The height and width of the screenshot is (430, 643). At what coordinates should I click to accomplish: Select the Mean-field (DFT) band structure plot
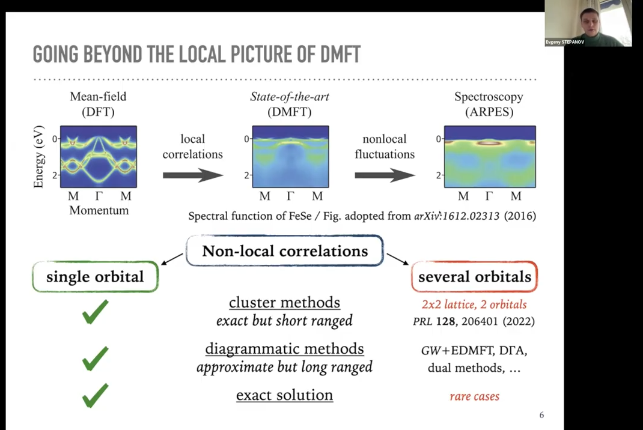[x=99, y=157]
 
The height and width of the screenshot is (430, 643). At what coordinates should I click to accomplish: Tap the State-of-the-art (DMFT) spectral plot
[x=290, y=157]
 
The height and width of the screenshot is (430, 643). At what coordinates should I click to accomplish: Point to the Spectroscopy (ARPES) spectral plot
[x=490, y=157]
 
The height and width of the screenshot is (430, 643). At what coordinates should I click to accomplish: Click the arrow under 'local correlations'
[x=193, y=175]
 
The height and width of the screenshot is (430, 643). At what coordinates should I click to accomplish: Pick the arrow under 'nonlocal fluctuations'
[x=385, y=175]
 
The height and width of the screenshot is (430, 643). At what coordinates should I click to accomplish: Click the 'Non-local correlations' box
[x=285, y=250]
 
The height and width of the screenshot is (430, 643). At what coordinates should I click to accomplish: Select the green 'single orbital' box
[x=95, y=277]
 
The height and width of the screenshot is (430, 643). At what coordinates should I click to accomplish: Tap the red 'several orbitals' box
[x=475, y=277]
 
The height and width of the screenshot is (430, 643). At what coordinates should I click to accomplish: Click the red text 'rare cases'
[x=475, y=396]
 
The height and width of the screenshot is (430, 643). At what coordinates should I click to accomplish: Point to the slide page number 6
[x=541, y=415]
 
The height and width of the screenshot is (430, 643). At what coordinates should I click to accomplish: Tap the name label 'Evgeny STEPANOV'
[x=565, y=42]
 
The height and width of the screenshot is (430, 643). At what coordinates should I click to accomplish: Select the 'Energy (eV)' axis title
[x=38, y=157]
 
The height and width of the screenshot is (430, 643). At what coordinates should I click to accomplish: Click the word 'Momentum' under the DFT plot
[x=99, y=210]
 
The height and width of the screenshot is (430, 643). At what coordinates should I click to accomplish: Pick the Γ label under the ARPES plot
[x=489, y=196]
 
